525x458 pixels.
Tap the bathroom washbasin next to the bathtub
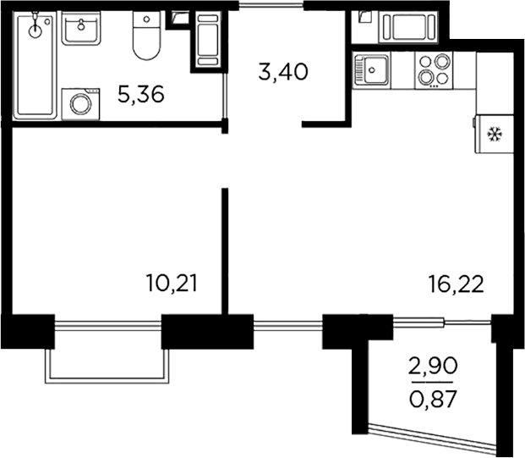click(81, 31)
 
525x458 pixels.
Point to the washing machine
click(82, 104)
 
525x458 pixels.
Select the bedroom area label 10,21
click(172, 282)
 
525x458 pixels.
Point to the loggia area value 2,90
click(433, 367)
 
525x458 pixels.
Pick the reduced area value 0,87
click(433, 399)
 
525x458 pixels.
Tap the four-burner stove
click(434, 69)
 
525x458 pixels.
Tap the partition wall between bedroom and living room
click(226, 250)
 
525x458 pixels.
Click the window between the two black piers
click(287, 327)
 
